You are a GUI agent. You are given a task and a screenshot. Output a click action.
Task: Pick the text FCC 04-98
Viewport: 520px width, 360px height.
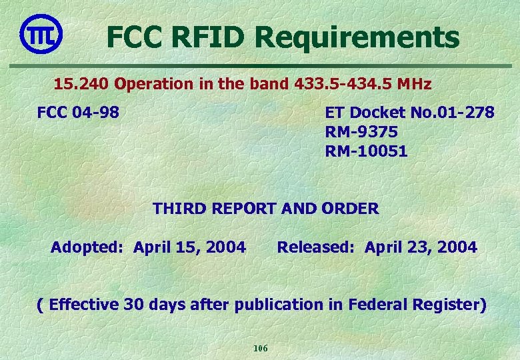tap(78, 112)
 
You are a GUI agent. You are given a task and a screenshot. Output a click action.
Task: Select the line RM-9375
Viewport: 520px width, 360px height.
tap(362, 132)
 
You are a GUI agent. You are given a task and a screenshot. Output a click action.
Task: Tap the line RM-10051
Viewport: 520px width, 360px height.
tap(366, 152)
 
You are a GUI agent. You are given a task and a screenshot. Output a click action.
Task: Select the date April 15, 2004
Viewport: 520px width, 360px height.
tap(189, 248)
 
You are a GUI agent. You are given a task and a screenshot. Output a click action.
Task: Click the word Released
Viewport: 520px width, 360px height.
tap(317, 248)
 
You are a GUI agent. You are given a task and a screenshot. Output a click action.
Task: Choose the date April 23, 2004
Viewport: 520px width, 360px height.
tap(421, 248)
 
